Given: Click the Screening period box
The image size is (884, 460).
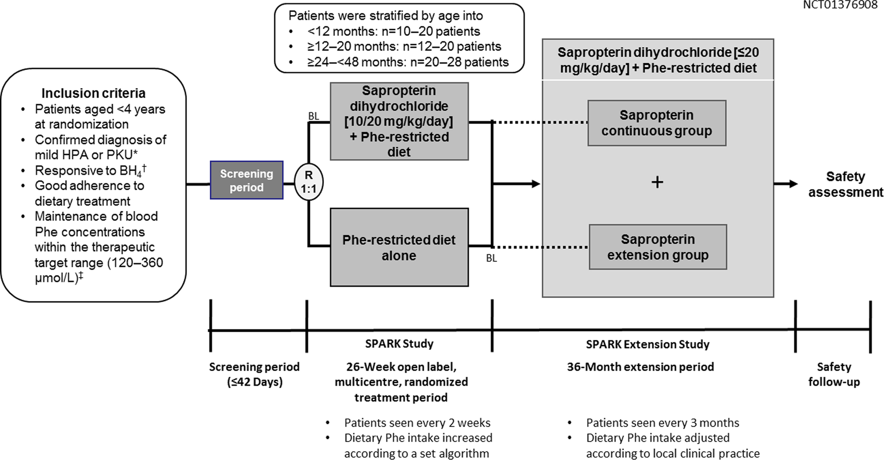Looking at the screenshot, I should pos(246,180).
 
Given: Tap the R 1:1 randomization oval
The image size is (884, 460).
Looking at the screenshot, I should pos(309,182).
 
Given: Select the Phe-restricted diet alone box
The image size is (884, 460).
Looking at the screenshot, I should pos(399,247).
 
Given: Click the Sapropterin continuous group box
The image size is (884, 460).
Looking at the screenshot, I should pos(657,123).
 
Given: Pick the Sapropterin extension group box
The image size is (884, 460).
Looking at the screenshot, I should pos(657,247).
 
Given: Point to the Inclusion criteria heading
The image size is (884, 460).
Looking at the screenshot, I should pos(93,93).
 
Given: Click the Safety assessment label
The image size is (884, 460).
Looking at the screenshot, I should pos(845,184).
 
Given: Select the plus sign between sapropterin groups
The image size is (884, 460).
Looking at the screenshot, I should pos(657,182).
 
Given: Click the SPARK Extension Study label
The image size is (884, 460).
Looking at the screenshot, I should pos(648,344).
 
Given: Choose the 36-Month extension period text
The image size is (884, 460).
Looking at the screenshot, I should pos(640,367).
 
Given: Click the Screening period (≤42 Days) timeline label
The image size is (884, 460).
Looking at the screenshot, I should pos(254,374).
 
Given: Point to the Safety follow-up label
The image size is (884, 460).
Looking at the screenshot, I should pos(834,374).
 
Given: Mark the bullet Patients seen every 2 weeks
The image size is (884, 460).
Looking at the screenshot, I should pos(417,423).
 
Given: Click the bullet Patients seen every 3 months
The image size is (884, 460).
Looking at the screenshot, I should pos(662,423).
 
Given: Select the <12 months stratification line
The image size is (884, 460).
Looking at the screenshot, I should pos(393,32).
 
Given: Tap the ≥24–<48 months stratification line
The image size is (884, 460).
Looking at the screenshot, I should pos(408,62).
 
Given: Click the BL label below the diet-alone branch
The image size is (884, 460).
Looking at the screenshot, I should pos(491,258).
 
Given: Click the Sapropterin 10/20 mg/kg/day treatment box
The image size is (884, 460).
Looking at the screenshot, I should pos(399,121).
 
